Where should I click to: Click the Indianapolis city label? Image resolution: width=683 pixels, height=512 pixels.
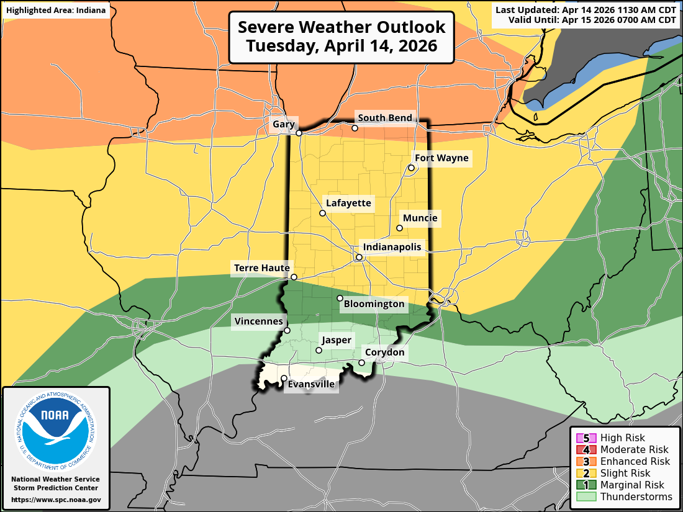coord(392,247)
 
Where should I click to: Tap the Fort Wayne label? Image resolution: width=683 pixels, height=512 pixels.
coord(442,158)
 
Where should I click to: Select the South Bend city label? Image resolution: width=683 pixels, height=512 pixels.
coord(385,118)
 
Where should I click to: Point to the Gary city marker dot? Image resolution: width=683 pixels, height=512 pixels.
coord(299,133)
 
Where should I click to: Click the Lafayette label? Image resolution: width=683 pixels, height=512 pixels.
coord(348,203)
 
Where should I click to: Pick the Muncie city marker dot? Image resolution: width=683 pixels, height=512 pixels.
coord(400,228)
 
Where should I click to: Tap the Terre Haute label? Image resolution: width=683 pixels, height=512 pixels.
coord(261,268)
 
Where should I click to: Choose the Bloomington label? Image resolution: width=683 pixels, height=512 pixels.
coord(374,304)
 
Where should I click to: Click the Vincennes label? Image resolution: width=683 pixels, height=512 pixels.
coord(258,321)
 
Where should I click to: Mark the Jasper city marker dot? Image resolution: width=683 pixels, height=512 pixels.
coord(319,351)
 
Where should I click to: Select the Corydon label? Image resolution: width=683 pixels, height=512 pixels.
coord(384,353)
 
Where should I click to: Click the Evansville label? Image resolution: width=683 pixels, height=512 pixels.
coord(311,385)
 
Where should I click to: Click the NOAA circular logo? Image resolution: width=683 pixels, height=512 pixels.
coord(56,428)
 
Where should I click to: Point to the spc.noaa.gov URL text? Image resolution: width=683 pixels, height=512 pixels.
coord(56,500)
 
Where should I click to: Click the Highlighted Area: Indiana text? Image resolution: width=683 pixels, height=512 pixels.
coord(56,11)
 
